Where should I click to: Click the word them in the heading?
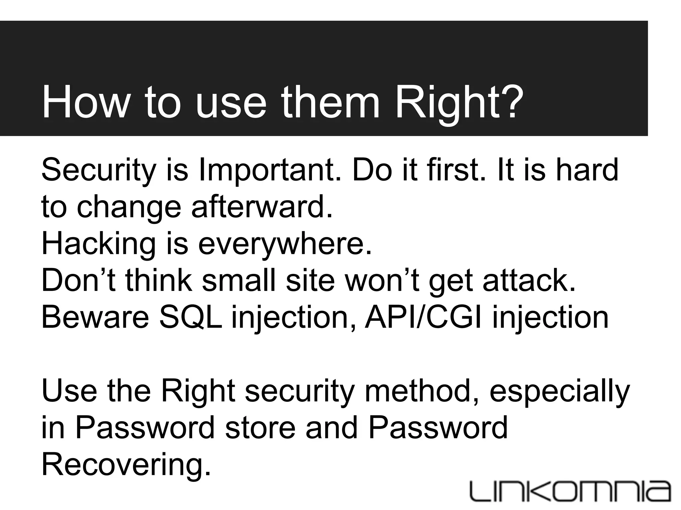click(x=331, y=102)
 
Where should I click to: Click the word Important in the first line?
click(x=270, y=170)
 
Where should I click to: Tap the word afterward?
click(x=262, y=207)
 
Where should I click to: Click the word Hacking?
click(x=98, y=244)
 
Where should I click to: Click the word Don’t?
click(x=78, y=281)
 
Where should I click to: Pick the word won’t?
click(x=382, y=281)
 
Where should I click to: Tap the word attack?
click(x=529, y=281)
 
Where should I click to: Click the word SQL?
click(x=191, y=317)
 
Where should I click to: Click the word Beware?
click(x=95, y=317)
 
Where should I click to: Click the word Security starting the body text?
click(x=98, y=170)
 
